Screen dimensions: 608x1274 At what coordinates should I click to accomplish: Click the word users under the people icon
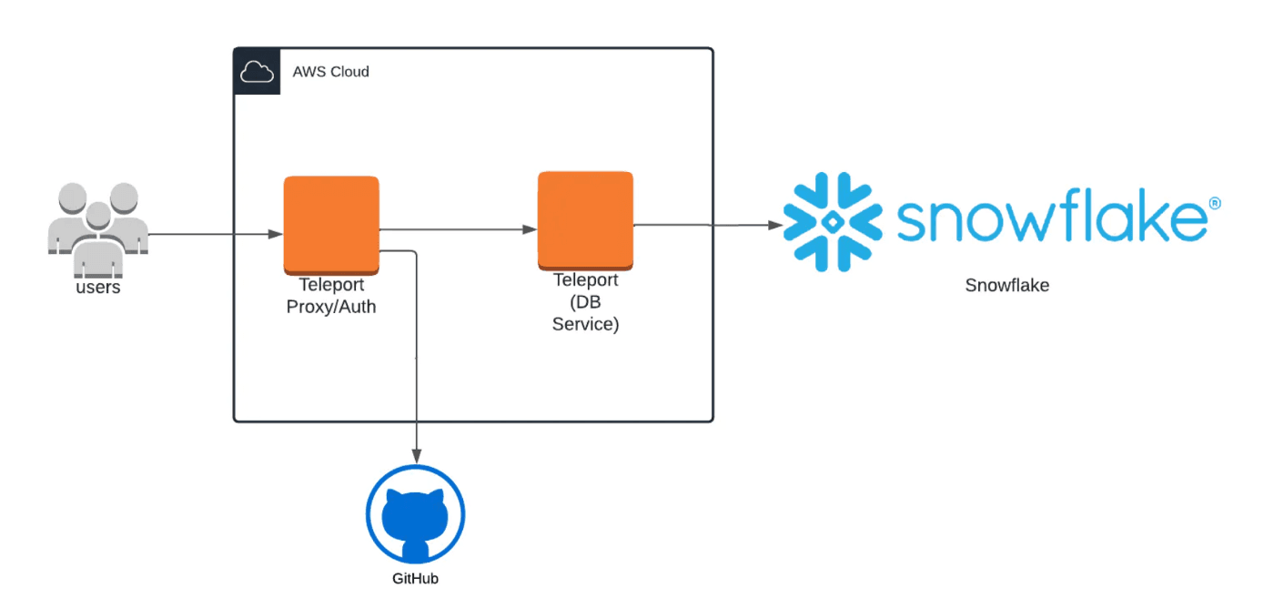tap(97, 288)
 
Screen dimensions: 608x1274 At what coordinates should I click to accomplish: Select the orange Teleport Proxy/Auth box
tap(331, 221)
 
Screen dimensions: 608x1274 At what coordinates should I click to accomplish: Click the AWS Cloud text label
tap(330, 72)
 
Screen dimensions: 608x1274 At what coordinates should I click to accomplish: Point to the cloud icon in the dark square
tap(257, 72)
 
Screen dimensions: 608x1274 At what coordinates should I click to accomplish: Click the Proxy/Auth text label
tap(331, 307)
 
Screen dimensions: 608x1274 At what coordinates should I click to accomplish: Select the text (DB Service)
tap(585, 313)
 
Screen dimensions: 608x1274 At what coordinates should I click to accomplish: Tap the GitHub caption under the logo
tap(415, 579)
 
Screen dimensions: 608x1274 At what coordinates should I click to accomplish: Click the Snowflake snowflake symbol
tap(832, 221)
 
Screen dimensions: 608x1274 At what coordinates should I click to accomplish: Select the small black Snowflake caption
tap(1006, 286)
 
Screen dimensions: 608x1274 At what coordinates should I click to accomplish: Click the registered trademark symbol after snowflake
tap(1213, 203)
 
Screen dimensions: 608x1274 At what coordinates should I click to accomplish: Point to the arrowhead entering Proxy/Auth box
tap(276, 235)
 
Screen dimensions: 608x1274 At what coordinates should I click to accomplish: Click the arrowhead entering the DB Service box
tap(530, 230)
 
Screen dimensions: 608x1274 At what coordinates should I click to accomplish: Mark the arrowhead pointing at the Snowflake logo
tap(775, 225)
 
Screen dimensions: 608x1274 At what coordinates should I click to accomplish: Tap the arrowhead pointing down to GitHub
tap(417, 454)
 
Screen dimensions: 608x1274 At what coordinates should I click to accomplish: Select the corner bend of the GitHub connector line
tap(417, 251)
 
